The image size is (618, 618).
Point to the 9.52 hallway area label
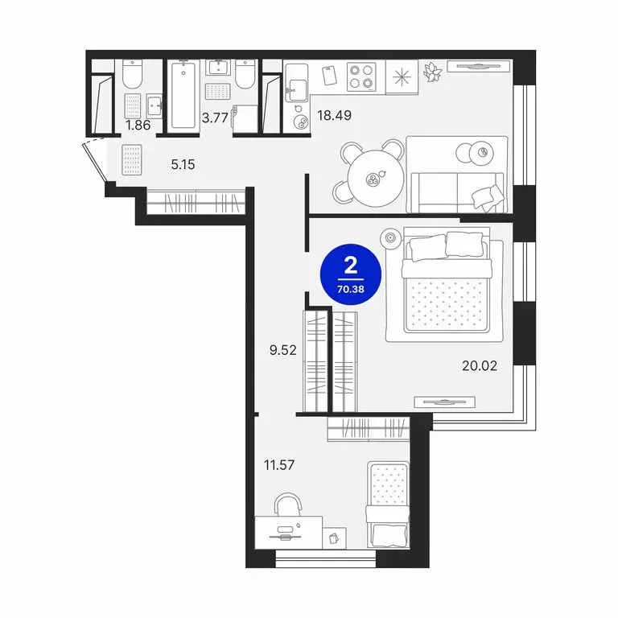coord(283,350)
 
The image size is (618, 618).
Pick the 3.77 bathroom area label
coord(215,117)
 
